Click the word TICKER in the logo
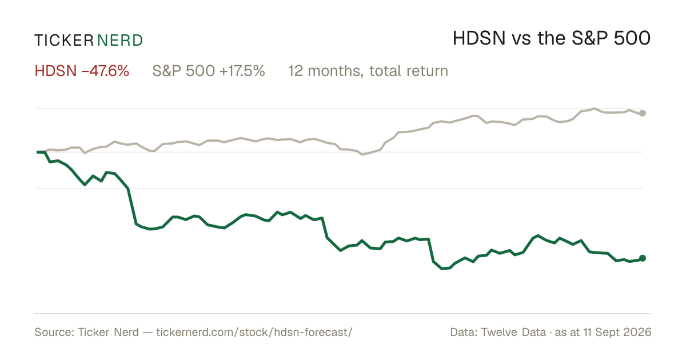pyautogui.click(x=64, y=41)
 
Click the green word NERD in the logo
pyautogui.click(x=120, y=41)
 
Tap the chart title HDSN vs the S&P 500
pyautogui.click(x=552, y=38)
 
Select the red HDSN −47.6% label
pyautogui.click(x=82, y=71)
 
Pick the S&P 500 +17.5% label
pyautogui.click(x=209, y=71)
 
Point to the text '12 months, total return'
pyautogui.click(x=368, y=71)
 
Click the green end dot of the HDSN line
pyautogui.click(x=643, y=258)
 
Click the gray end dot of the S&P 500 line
pyautogui.click(x=643, y=113)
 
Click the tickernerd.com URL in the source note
pyautogui.click(x=254, y=332)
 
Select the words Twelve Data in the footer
pyautogui.click(x=513, y=332)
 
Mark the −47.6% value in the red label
pyautogui.click(x=105, y=71)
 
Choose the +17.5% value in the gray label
pyautogui.click(x=242, y=71)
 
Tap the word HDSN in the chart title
pyautogui.click(x=479, y=38)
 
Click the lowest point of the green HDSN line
pyautogui.click(x=442, y=269)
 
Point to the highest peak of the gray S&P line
pyautogui.click(x=595, y=109)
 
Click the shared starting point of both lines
pyautogui.click(x=37, y=152)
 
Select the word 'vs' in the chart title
pyautogui.click(x=521, y=41)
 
